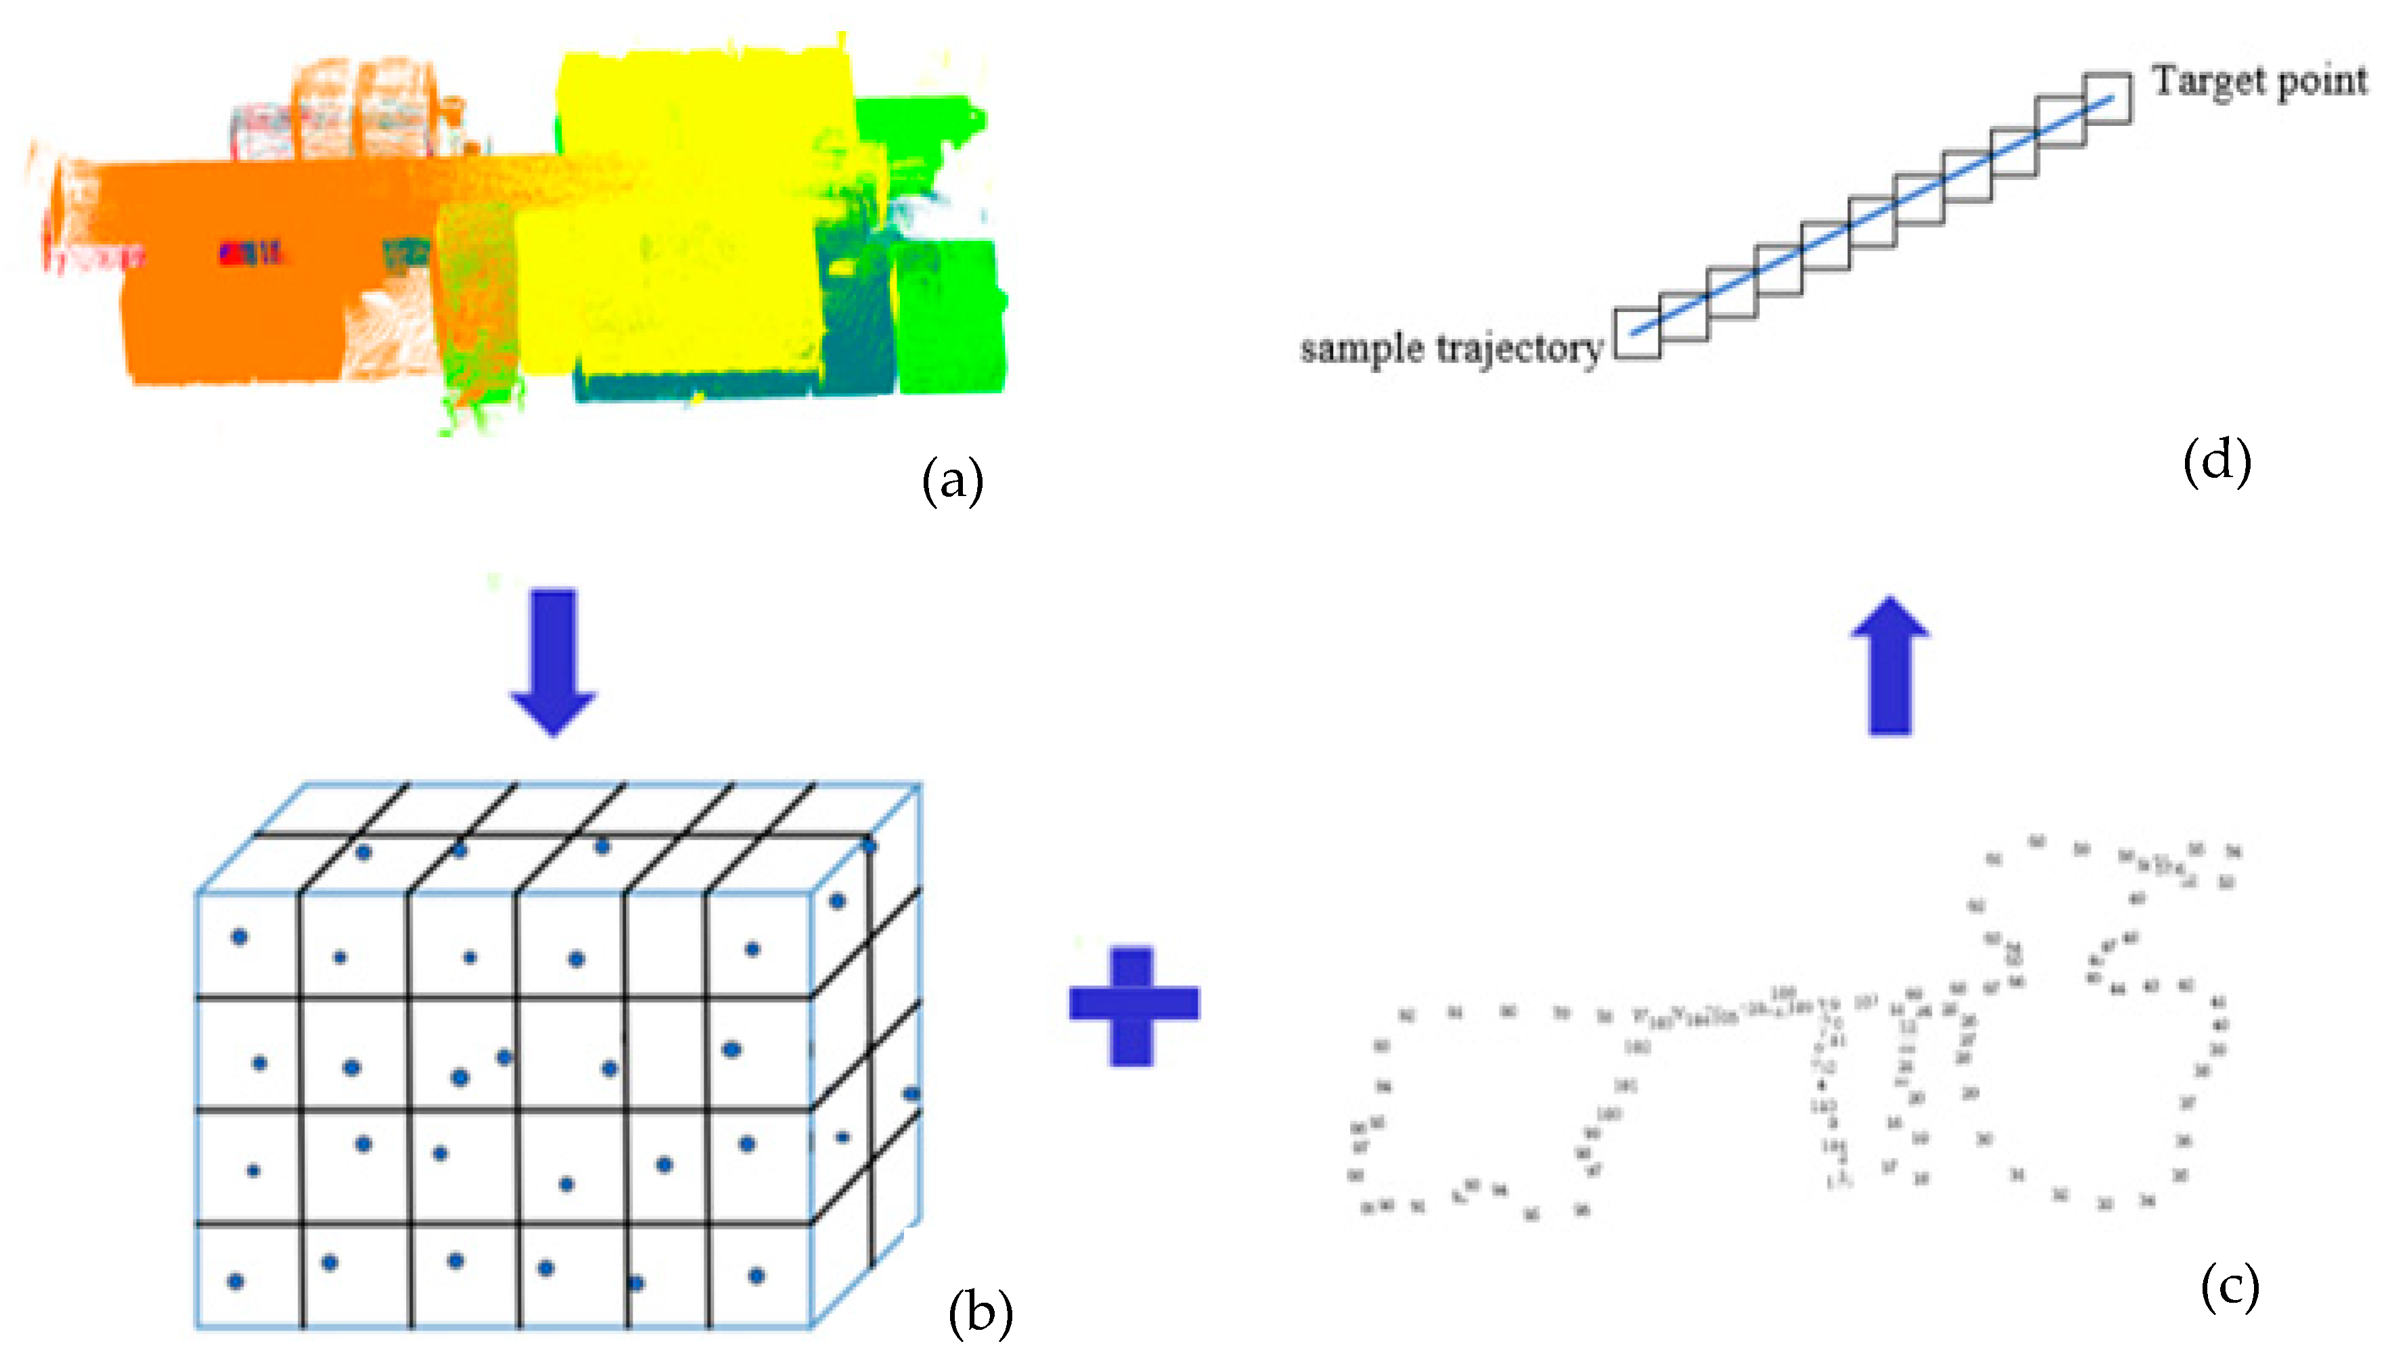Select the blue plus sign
pyautogui.click(x=1133, y=1006)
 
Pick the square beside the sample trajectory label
pyautogui.click(x=1636, y=333)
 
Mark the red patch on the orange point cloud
pyautogui.click(x=249, y=253)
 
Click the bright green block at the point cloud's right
pyautogui.click(x=949, y=314)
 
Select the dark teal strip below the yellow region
pyautogui.click(x=694, y=384)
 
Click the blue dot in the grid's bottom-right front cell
pyautogui.click(x=757, y=1275)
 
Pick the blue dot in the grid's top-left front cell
pyautogui.click(x=240, y=937)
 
